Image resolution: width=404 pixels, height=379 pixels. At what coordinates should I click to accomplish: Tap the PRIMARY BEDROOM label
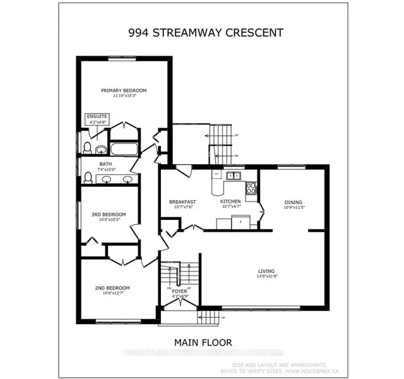pyautogui.click(x=124, y=90)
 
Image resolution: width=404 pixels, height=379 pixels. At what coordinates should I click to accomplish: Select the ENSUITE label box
pyautogui.click(x=97, y=117)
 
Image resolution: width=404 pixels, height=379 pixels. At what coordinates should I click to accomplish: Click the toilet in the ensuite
pyautogui.click(x=87, y=148)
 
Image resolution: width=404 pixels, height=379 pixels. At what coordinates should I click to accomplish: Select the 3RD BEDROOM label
pyautogui.click(x=109, y=215)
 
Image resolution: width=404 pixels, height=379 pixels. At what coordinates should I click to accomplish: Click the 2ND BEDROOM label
pyautogui.click(x=109, y=288)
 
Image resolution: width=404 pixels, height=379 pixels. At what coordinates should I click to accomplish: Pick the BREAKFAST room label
pyautogui.click(x=183, y=202)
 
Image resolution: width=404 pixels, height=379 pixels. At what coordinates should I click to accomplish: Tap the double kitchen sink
pyautogui.click(x=234, y=176)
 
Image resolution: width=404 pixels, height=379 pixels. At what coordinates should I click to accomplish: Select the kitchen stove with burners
pyautogui.click(x=251, y=188)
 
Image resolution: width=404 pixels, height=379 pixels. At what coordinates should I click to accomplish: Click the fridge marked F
pyautogui.click(x=239, y=222)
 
